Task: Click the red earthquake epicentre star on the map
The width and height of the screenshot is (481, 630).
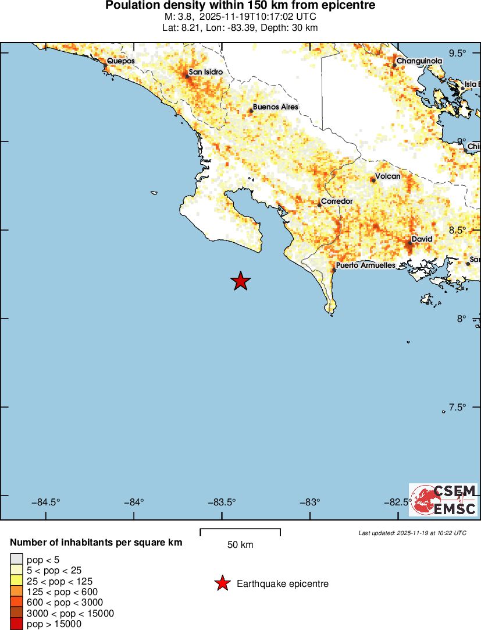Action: (240, 281)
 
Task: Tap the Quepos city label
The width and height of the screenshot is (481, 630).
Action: (120, 61)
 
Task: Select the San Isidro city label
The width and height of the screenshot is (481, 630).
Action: (205, 72)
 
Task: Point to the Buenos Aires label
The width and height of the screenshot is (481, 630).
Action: (275, 107)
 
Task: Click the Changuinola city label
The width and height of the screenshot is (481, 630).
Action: (419, 61)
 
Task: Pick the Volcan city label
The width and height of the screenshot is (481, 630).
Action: (387, 176)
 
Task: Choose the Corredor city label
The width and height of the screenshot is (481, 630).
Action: (337, 201)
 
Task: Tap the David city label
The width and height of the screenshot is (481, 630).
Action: (422, 239)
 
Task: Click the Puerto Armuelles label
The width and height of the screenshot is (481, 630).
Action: (366, 266)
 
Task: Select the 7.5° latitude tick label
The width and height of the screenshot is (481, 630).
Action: (458, 407)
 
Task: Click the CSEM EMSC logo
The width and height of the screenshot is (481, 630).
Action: (443, 500)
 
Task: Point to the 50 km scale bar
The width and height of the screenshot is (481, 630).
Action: (240, 532)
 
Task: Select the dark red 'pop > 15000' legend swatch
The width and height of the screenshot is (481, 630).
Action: (17, 624)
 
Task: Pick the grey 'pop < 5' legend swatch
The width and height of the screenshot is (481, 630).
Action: (17, 560)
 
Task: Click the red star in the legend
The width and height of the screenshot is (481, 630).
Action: (222, 583)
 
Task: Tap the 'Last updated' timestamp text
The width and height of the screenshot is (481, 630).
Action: (412, 533)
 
